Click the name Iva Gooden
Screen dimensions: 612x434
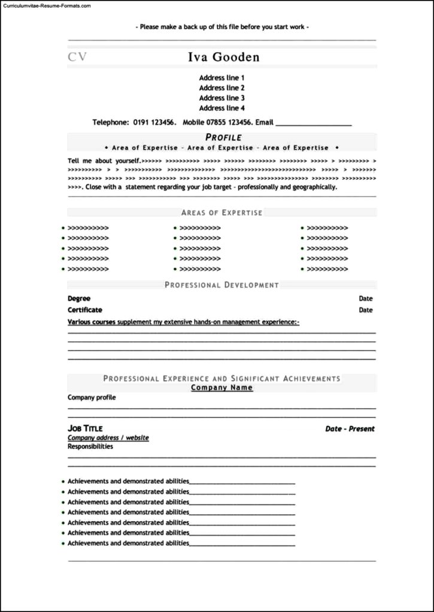tap(224, 57)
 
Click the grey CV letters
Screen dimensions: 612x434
tap(77, 57)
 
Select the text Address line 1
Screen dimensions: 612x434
tap(221, 78)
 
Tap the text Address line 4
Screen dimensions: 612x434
tap(221, 108)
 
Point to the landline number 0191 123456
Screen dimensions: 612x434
tap(154, 123)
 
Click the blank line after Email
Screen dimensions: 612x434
tap(313, 124)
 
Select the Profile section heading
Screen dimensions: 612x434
tap(223, 137)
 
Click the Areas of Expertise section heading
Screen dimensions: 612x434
tap(221, 213)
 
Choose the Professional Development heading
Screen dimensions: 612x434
tap(221, 285)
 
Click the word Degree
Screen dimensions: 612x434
tap(79, 298)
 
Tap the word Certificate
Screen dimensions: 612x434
tap(85, 310)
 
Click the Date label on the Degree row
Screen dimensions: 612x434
tap(366, 298)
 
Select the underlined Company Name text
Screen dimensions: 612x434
tap(221, 388)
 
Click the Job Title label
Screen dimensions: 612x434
tap(85, 429)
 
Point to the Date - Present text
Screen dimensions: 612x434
tap(350, 429)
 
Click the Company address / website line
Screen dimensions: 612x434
tap(108, 438)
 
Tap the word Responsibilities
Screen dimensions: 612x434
tap(90, 446)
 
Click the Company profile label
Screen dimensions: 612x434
tap(92, 397)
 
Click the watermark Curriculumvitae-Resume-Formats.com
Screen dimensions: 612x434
tap(46, 5)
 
